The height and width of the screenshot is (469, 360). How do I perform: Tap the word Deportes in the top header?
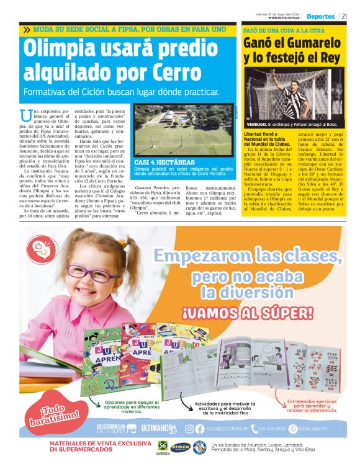coord(320,16)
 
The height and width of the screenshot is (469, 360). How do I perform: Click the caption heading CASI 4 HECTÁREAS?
coord(160,162)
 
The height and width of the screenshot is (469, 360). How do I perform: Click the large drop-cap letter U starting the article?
coord(25,115)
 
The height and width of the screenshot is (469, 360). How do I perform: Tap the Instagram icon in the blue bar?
coord(189,429)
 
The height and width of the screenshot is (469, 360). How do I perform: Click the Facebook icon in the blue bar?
coord(199,429)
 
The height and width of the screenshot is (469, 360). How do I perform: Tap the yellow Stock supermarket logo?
coord(180,447)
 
